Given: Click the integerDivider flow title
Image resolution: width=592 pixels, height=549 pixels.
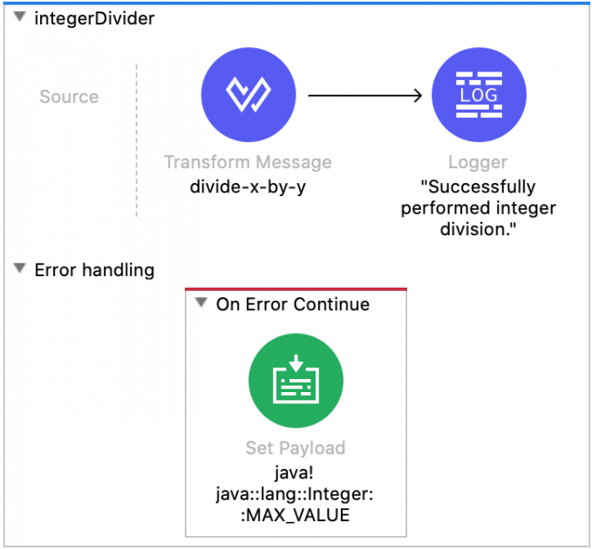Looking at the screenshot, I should pos(94,18).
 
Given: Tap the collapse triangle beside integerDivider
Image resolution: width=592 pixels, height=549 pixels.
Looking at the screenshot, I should pos(19,18).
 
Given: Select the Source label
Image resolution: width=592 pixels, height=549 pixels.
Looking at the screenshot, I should pos(69,97).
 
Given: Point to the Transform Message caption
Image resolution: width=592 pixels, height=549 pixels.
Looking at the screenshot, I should pos(248,162).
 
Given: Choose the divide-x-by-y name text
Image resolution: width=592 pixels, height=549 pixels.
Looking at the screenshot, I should pos(248,186).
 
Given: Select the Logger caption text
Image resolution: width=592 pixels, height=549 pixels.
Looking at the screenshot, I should pos(478,162).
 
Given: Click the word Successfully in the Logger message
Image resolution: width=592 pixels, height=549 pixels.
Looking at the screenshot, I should pos(478,186).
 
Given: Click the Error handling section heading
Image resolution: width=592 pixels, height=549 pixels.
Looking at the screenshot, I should pos(94,270).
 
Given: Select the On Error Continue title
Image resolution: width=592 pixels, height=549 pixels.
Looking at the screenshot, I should pos(292,304).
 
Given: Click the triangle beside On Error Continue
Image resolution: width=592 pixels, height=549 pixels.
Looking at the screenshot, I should pos(201,304).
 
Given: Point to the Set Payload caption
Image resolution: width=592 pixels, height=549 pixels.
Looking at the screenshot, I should pos(296,448).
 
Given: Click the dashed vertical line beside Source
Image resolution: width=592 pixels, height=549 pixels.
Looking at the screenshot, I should pos(137,139).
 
